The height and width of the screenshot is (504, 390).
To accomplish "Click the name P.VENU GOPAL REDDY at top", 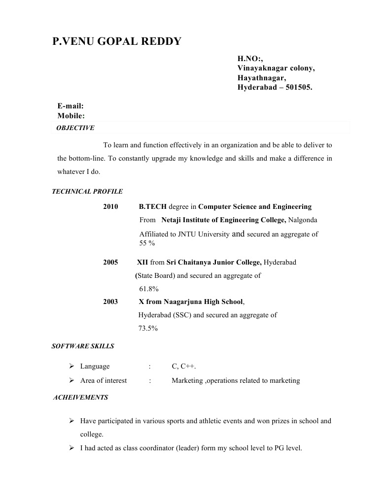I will point(117,41).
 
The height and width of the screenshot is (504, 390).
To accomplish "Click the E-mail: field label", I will point(71,106).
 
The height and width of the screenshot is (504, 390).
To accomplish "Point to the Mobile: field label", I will point(71,116).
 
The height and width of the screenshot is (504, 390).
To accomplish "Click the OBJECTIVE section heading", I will point(75,128).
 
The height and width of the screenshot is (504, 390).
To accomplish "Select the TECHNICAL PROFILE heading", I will point(87,192).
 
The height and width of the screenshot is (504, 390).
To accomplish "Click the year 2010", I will point(110,207).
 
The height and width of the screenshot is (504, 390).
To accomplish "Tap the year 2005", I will point(110,263).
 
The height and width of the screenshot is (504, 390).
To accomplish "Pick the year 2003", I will point(110,302).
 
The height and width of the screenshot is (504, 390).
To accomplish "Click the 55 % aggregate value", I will point(147,243).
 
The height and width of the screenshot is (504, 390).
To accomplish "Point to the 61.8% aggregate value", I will point(149,289).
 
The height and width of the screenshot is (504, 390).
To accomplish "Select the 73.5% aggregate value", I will point(148,328).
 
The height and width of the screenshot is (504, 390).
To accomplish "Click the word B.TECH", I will point(153,207).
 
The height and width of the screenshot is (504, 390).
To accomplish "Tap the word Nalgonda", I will point(303,220).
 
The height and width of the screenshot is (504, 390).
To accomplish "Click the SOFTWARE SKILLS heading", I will point(83,346).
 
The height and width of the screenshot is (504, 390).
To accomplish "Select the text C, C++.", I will point(184,367).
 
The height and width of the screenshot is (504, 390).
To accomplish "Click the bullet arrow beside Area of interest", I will point(71,380).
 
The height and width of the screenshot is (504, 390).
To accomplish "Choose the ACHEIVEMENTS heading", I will point(80,398).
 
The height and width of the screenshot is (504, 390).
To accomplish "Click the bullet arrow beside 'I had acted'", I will point(71,448).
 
